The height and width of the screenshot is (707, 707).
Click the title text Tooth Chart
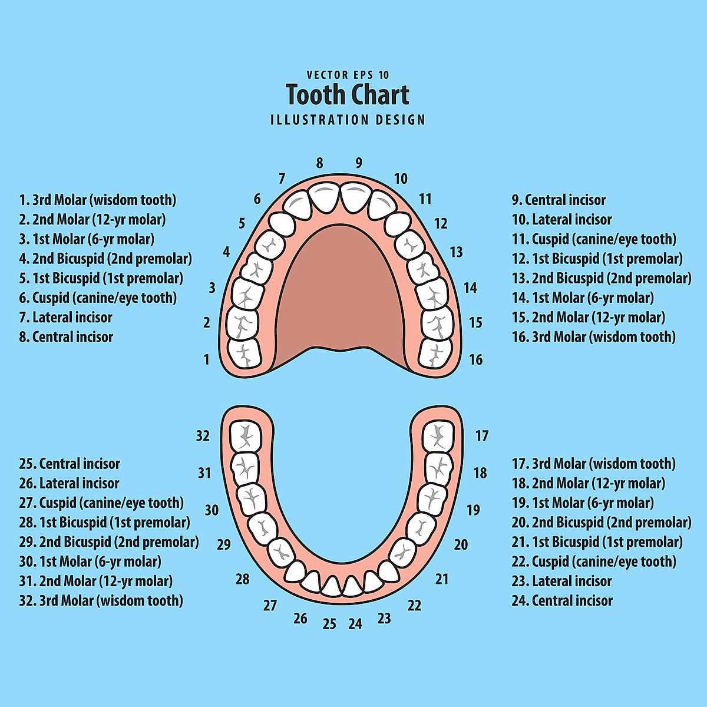pos(348,95)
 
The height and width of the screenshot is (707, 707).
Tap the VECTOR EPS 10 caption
pos(348,75)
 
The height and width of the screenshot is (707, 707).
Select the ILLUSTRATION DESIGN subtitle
pos(348,120)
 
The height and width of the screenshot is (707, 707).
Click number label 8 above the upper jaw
pos(319,163)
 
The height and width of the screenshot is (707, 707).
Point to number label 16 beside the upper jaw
pos(475,359)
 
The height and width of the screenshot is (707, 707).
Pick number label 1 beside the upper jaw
pos(206,359)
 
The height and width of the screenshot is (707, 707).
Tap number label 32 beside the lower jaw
pos(203,436)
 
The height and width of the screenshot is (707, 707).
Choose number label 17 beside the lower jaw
pos(482,436)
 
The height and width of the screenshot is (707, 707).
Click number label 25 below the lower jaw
pos(329,624)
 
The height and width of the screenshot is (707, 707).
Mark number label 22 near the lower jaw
pos(415,606)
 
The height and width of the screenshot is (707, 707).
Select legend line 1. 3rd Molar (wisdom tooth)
pos(98,200)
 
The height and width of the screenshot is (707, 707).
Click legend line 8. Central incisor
pos(66,337)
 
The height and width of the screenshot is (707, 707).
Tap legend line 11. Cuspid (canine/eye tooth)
pos(594,239)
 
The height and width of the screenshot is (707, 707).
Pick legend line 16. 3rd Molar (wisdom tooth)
pos(594,337)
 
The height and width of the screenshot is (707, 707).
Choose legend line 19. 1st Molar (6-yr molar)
pos(583,503)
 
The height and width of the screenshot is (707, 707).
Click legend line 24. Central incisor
pos(562,601)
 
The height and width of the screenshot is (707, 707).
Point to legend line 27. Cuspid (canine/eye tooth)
pos(101,503)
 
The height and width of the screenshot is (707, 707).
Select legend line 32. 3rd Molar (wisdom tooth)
pos(101,601)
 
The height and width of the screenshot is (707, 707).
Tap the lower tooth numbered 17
pos(438,437)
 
